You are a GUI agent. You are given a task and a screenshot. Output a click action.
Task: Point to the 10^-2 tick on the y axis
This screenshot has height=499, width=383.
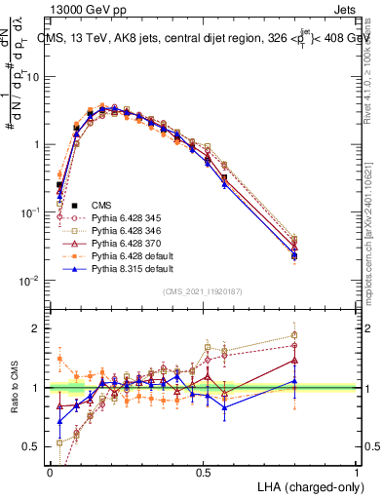33,281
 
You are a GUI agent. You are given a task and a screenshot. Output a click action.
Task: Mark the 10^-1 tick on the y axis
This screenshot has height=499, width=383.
33,212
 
